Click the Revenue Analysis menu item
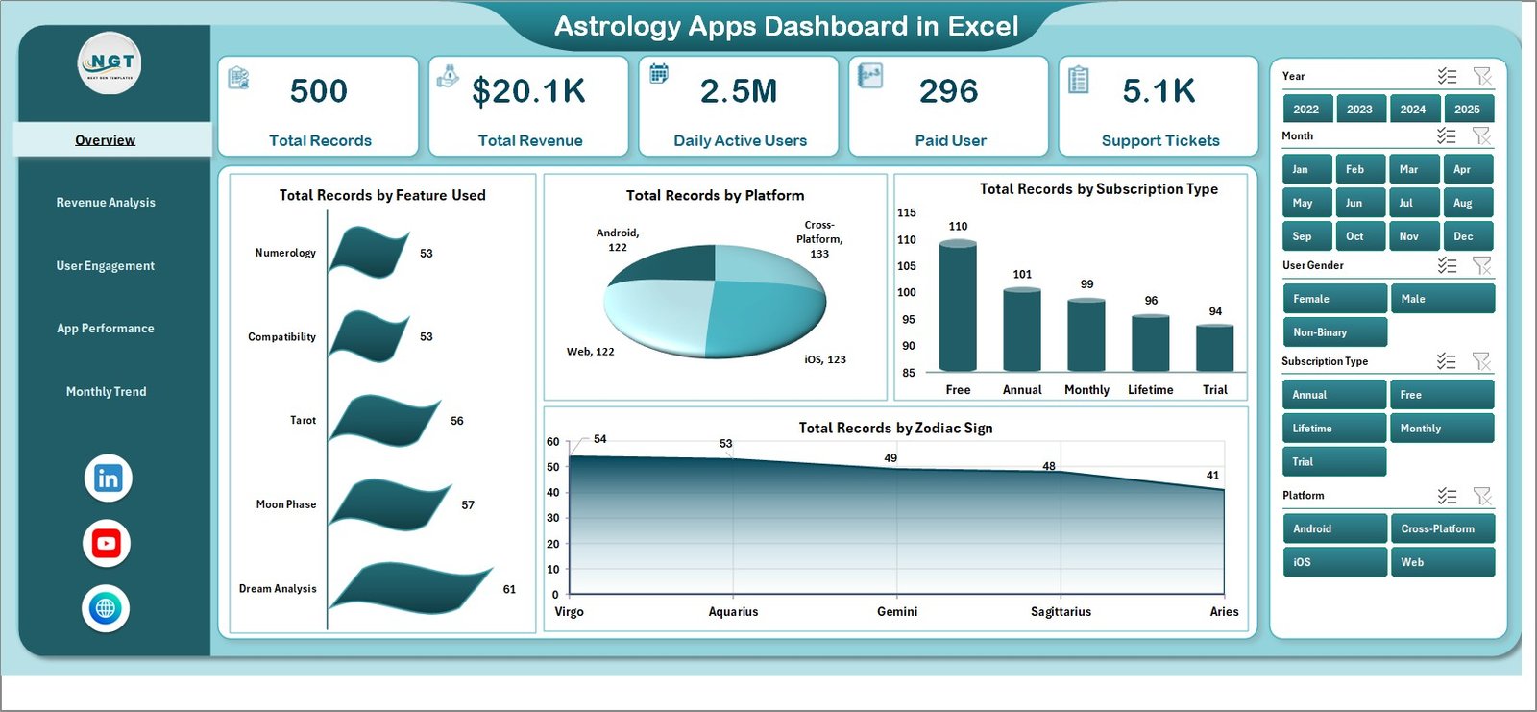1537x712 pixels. click(x=106, y=203)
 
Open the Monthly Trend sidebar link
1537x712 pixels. click(x=106, y=392)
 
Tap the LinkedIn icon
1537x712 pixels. click(x=108, y=479)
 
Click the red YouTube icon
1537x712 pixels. click(x=106, y=544)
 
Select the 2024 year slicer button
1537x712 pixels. click(x=1412, y=110)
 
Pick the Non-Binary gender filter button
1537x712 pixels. click(x=1333, y=332)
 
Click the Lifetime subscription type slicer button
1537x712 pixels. click(x=1333, y=429)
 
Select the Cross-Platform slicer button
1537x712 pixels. click(x=1441, y=529)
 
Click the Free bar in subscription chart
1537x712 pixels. click(x=958, y=307)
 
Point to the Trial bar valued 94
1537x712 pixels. click(x=1214, y=348)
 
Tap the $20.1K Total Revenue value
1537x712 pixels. click(x=528, y=91)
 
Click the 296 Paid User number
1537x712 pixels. click(x=948, y=91)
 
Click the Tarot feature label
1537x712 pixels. click(x=303, y=421)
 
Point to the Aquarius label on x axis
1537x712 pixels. click(x=733, y=612)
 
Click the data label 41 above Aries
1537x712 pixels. click(x=1212, y=476)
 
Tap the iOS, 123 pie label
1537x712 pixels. click(x=824, y=360)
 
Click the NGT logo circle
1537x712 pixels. click(x=110, y=63)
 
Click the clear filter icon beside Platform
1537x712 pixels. click(x=1482, y=496)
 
